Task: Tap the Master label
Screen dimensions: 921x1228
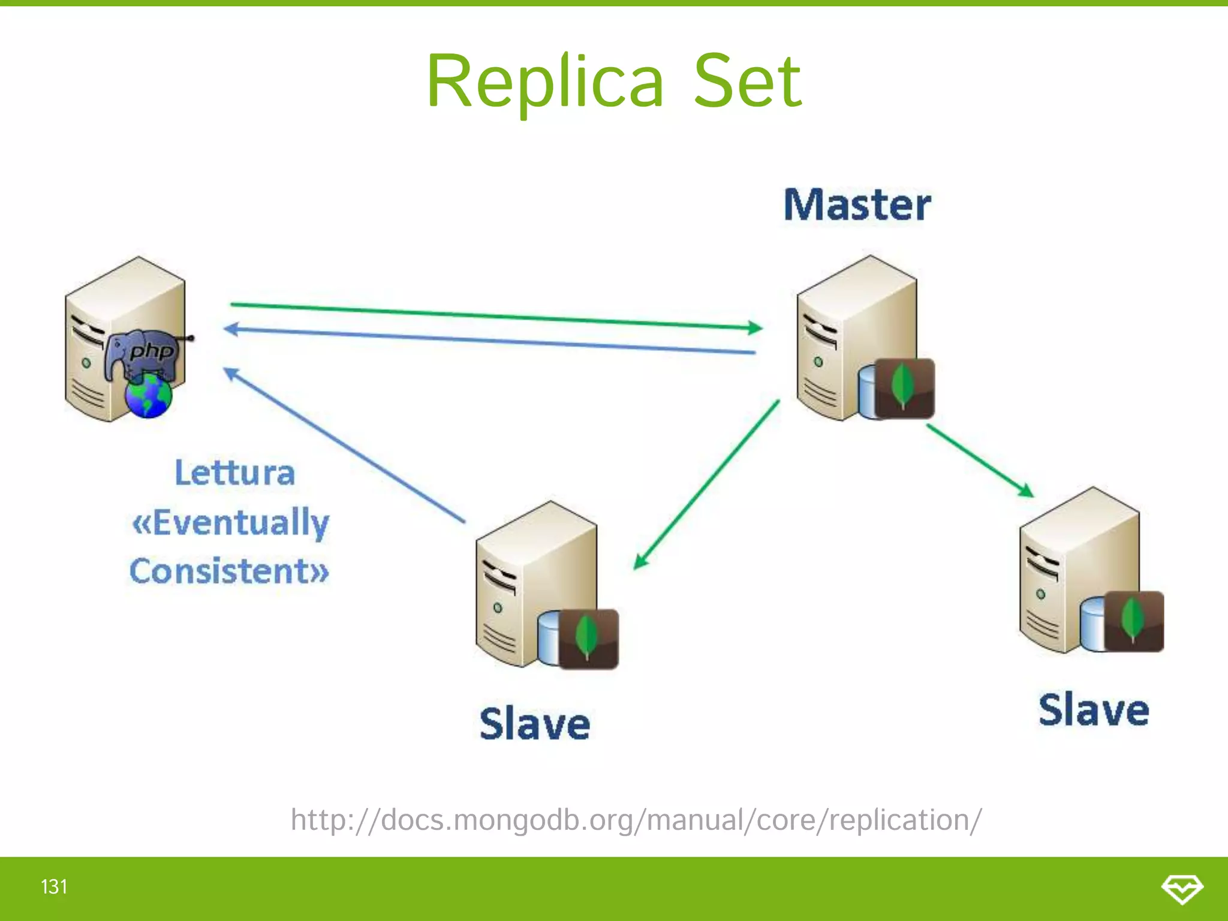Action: [x=857, y=205]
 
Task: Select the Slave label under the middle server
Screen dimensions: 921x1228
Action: [x=535, y=724]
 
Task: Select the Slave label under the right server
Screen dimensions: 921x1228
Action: [x=1094, y=710]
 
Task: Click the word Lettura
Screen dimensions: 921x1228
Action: [x=235, y=472]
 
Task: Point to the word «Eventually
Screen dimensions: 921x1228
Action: [x=231, y=522]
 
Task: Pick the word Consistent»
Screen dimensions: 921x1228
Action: [x=230, y=571]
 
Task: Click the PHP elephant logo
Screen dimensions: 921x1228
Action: [x=143, y=354]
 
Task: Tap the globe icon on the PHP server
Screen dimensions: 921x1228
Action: [x=148, y=396]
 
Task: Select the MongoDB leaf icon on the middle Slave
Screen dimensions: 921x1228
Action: [x=588, y=638]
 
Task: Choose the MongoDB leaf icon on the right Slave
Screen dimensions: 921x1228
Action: [x=1133, y=621]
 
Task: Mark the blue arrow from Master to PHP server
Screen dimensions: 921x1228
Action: [x=489, y=340]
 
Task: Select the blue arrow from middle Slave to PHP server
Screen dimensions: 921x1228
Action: [x=345, y=445]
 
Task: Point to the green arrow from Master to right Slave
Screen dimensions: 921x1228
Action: [x=980, y=460]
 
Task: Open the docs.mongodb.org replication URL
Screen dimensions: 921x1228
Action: [x=636, y=820]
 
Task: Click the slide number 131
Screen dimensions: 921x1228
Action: [x=54, y=886]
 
